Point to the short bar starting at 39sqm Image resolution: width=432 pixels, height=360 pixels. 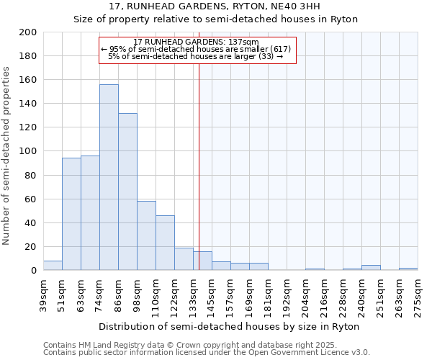click(53, 266)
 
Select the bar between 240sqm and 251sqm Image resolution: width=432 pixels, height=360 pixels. click(371, 268)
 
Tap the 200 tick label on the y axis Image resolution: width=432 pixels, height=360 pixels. click(28, 32)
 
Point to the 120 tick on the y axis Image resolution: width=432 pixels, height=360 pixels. click(28, 127)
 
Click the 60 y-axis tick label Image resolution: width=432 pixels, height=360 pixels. click(31, 199)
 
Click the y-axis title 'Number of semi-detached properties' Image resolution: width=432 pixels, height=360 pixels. click(6, 156)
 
